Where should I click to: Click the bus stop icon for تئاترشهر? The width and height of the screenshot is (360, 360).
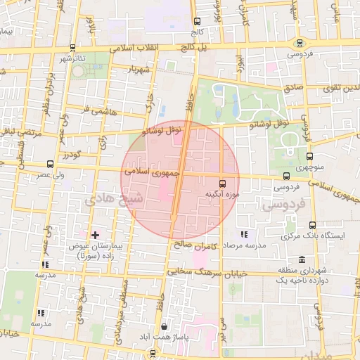coord(72,48)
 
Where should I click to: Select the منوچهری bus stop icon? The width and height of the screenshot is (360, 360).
coord(310,156)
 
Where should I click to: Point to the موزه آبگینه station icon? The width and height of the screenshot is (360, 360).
coord(224,180)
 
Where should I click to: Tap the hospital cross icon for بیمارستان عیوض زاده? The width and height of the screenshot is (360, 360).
coord(96,234)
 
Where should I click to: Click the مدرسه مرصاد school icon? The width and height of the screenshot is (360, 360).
coord(243,234)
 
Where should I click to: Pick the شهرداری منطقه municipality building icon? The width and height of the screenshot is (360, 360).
coord(302,259)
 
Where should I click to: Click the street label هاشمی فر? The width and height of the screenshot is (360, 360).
coord(96,110)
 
